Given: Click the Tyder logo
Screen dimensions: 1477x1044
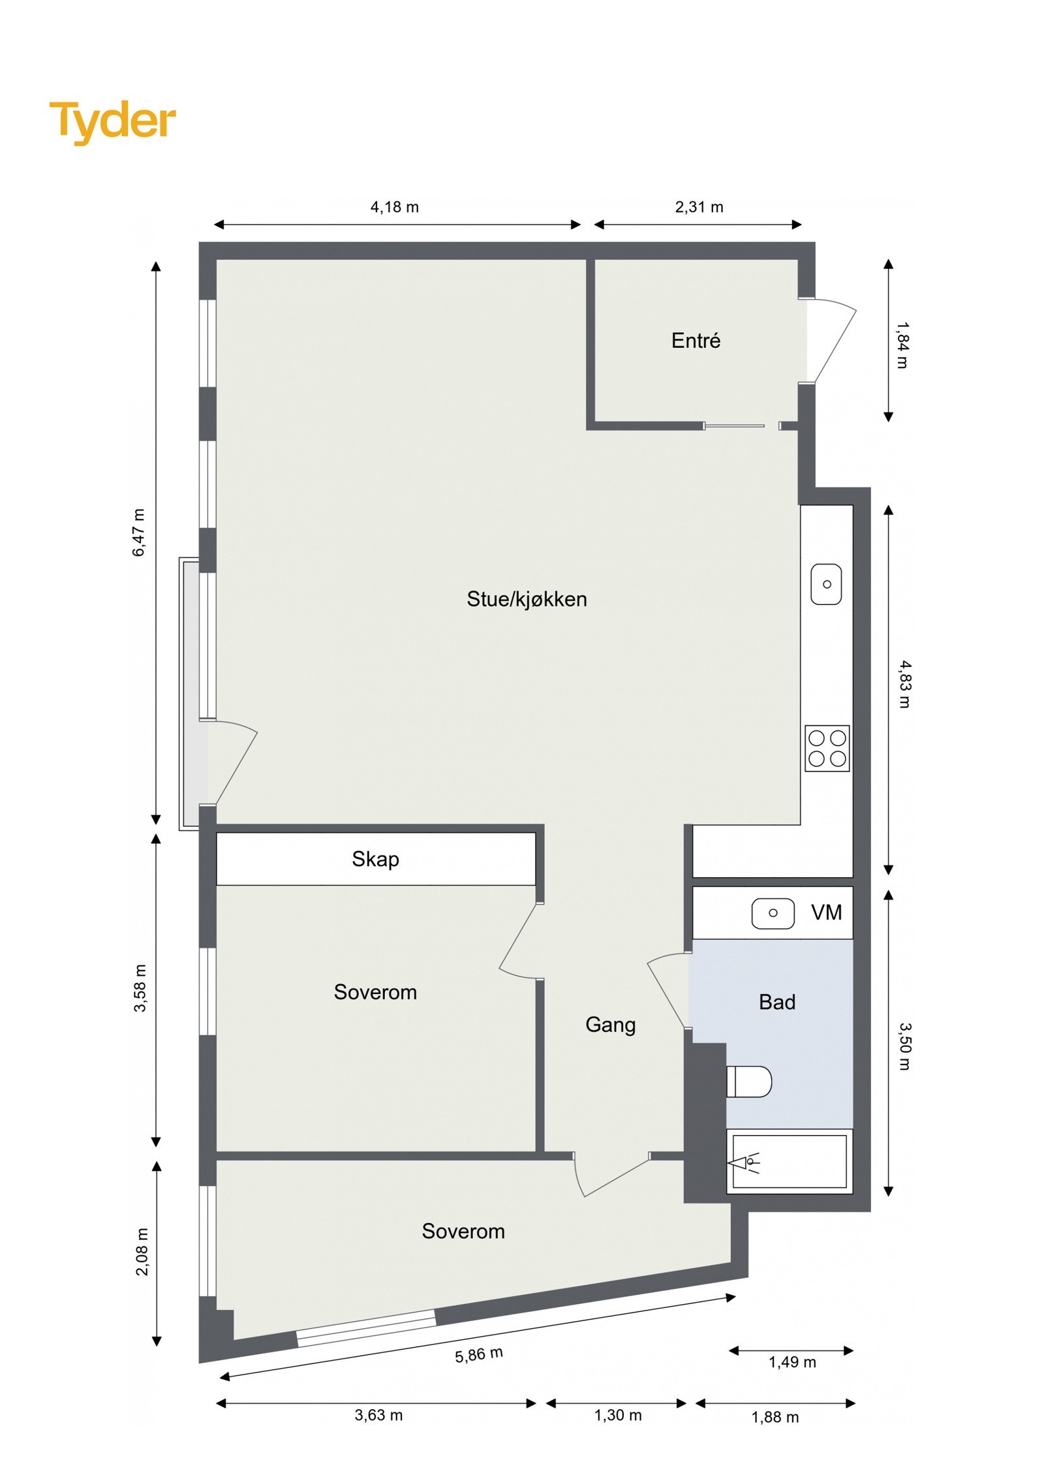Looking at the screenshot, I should pyautogui.click(x=112, y=121).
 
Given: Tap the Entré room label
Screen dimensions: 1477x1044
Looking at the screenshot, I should pyautogui.click(x=696, y=341).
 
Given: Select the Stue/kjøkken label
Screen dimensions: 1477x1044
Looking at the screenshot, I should pyautogui.click(x=527, y=599).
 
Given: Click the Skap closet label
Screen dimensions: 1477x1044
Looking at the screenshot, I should pyautogui.click(x=375, y=859).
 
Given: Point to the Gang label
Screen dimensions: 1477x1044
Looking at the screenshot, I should pyautogui.click(x=610, y=1025).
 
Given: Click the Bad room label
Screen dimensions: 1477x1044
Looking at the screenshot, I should pyautogui.click(x=776, y=1002).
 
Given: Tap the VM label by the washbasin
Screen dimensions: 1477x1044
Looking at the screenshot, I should pyautogui.click(x=826, y=912).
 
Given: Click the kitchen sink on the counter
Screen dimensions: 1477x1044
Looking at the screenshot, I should pyautogui.click(x=826, y=584).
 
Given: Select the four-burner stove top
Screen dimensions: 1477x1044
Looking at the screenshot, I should pyautogui.click(x=827, y=748).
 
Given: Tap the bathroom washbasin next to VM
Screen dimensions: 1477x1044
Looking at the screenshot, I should pyautogui.click(x=773, y=913).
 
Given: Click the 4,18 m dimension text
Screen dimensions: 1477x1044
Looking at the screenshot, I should pyautogui.click(x=394, y=208).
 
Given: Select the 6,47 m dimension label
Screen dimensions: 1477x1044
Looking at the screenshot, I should pyautogui.click(x=139, y=533).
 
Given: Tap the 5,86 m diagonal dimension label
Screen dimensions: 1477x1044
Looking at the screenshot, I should pyautogui.click(x=479, y=1355).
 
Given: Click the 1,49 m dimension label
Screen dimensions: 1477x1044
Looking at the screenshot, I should pyautogui.click(x=792, y=1362).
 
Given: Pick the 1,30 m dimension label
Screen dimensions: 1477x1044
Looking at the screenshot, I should pyautogui.click(x=617, y=1415).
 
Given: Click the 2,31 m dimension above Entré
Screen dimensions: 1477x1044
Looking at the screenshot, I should pyautogui.click(x=699, y=208).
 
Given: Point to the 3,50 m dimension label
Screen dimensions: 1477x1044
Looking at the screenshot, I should pyautogui.click(x=904, y=1046).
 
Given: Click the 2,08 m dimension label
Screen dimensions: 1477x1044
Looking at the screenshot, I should pyautogui.click(x=142, y=1251).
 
